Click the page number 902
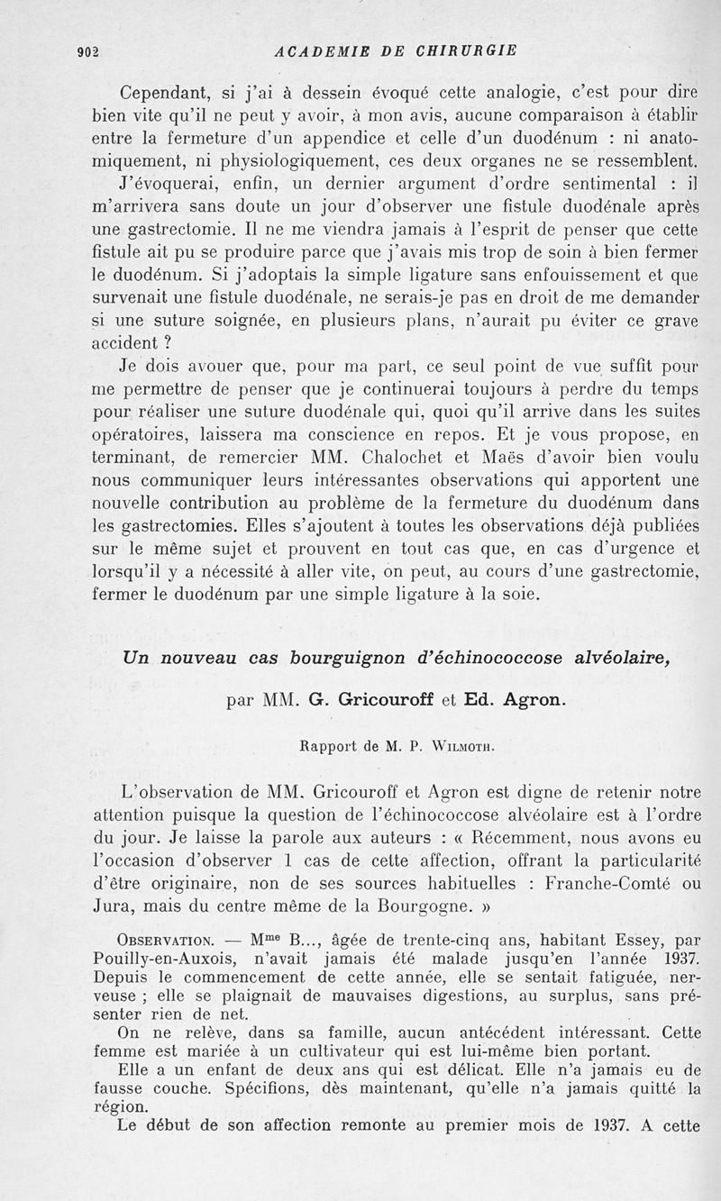(87, 51)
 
